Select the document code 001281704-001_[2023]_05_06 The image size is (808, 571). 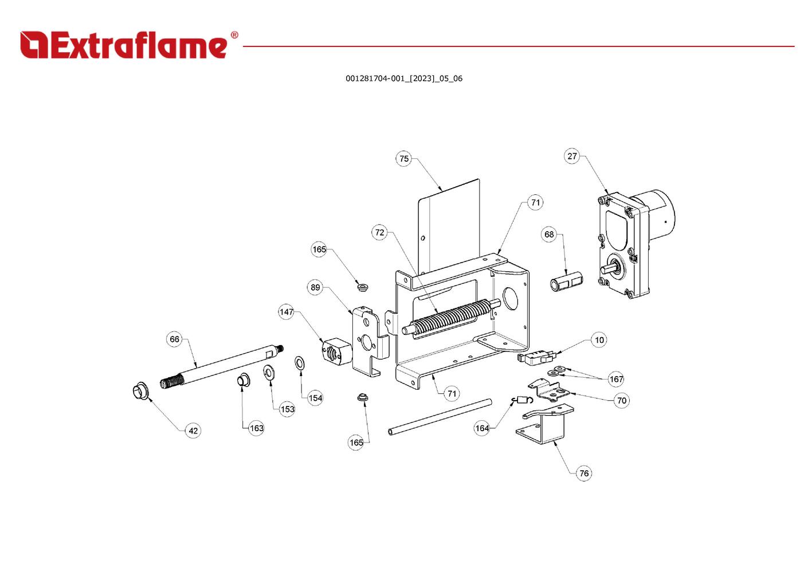tap(403, 79)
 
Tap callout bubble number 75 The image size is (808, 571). tap(404, 159)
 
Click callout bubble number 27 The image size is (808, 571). tap(572, 156)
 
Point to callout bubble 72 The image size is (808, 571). tap(379, 233)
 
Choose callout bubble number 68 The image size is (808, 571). tap(549, 234)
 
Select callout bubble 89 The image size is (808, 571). tap(315, 288)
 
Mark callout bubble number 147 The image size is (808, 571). tap(286, 312)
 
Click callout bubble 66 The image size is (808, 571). tap(174, 339)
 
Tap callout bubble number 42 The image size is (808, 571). tap(193, 431)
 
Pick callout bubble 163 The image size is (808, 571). tap(256, 428)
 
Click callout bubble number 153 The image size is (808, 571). tap(287, 409)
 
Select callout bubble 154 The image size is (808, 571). tap(315, 398)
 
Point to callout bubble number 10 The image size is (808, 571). tap(599, 341)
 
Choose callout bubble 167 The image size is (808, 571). tap(616, 379)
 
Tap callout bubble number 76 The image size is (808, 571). tap(584, 474)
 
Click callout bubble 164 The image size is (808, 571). tap(482, 428)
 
